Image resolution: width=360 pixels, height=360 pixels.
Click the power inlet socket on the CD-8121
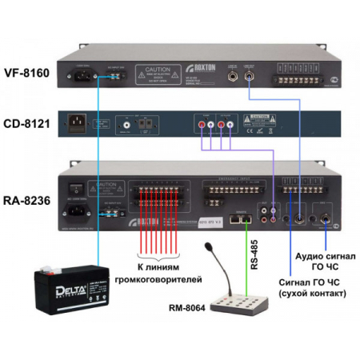click(x=78, y=124)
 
